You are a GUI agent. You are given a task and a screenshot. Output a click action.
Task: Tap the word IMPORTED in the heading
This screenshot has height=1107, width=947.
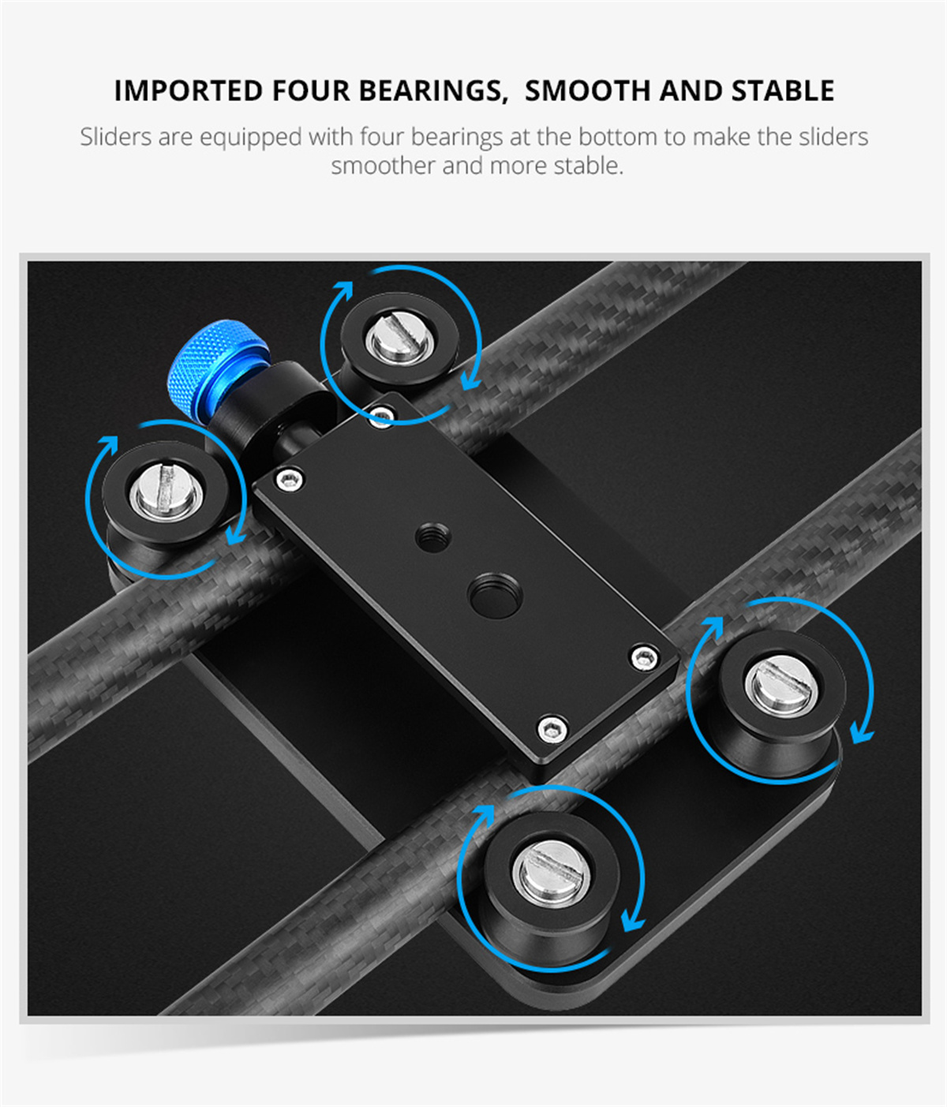[x=189, y=91]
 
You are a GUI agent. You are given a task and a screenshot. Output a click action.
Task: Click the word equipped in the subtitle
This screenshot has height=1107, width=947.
[x=251, y=137]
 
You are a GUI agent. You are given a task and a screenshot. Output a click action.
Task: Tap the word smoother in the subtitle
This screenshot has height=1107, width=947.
[x=384, y=166]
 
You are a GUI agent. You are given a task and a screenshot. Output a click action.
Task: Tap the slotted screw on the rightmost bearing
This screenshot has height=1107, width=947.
[x=780, y=685]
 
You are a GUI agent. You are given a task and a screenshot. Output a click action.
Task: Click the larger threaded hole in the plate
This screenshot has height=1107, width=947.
[x=494, y=596]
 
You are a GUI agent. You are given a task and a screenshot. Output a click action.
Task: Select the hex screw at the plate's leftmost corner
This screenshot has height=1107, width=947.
[x=290, y=478]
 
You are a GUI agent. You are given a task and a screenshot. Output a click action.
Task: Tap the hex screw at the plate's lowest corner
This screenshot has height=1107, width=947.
[x=552, y=728]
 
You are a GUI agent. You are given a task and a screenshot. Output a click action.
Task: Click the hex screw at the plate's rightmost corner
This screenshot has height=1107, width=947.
[x=643, y=657]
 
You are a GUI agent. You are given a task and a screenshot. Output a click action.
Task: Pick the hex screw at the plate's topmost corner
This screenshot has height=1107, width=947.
[x=382, y=414]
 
